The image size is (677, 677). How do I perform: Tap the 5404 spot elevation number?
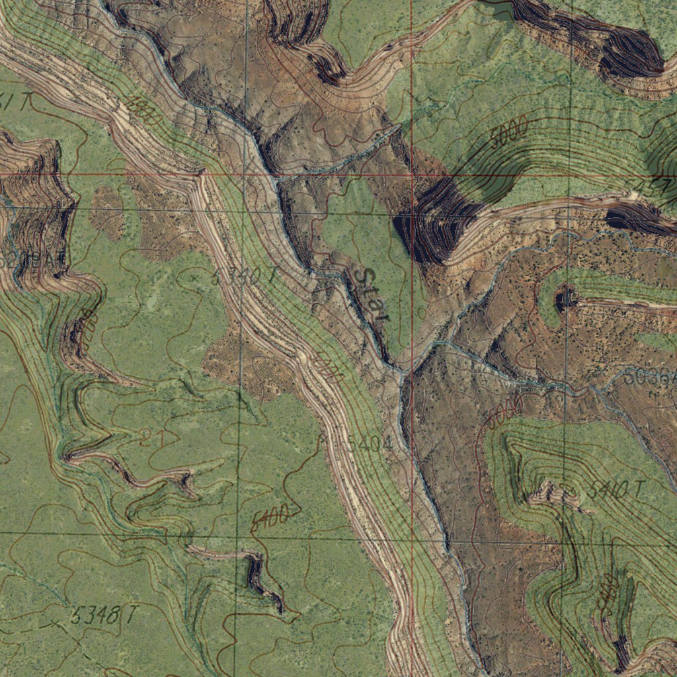coord(364,444)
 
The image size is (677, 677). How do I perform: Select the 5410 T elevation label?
coord(614,490)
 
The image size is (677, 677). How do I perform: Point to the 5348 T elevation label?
coord(102,616)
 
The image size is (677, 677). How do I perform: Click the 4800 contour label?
coord(143,110)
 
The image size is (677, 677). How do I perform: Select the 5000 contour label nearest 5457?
coord(509,136)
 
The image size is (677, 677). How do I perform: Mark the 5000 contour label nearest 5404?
coord(328,368)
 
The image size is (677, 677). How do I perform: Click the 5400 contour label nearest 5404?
coord(270,516)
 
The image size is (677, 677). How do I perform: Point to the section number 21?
coord(151,437)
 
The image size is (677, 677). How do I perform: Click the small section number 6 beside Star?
coord(422,313)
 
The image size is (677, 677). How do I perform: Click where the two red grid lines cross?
coord(411,175)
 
